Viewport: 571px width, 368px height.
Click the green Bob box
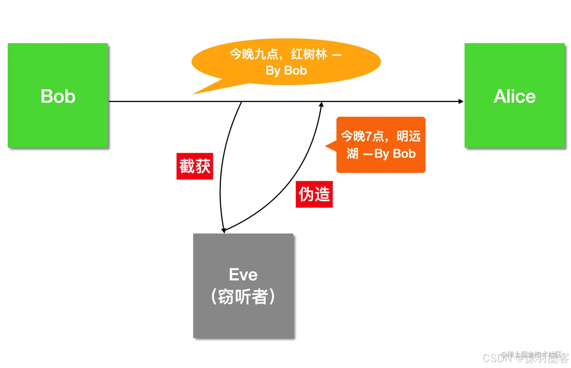pos(58,96)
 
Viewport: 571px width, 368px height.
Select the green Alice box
pos(514,96)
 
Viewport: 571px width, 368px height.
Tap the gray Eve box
pos(243,286)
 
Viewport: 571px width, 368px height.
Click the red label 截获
pos(195,166)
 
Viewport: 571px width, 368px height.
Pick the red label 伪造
pos(314,194)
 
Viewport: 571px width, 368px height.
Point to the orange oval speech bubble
pos(286,62)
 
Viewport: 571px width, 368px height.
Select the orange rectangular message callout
pos(381,145)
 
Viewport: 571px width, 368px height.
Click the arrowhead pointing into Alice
pos(461,101)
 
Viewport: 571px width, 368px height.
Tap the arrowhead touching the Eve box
pos(224,230)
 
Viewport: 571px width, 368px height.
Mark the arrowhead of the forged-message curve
pos(321,104)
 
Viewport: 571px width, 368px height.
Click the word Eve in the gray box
pos(243,275)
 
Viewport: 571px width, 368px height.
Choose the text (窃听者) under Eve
pos(243,297)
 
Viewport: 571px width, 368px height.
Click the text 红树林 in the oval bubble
pos(309,54)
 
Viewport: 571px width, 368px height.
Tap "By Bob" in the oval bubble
pos(286,71)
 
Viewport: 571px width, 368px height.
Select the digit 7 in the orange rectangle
pos(368,136)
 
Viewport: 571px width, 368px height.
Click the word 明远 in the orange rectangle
pos(409,136)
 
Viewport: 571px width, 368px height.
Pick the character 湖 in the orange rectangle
pos(352,154)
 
